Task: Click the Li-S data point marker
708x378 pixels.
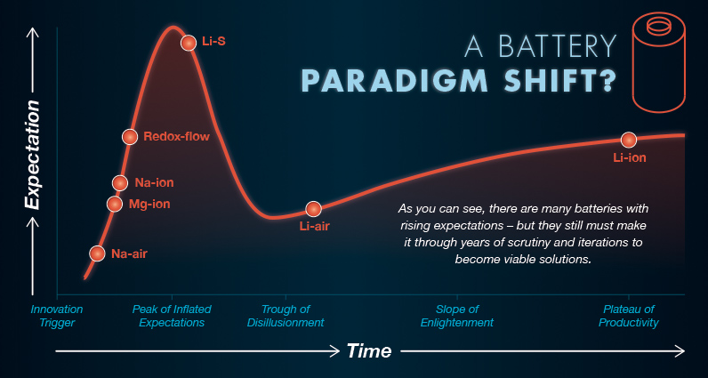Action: [189, 42]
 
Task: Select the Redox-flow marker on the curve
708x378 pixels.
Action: [130, 136]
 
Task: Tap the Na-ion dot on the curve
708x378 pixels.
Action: [120, 183]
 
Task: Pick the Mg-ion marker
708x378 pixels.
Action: [114, 204]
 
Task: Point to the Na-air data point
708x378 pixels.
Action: [97, 253]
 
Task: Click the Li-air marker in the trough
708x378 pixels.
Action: [313, 209]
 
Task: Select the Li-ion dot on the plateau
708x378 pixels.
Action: [629, 140]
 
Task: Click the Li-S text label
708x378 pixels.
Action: [213, 42]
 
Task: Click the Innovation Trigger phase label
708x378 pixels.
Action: [57, 316]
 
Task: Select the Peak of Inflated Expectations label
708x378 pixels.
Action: [168, 316]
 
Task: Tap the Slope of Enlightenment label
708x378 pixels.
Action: [456, 316]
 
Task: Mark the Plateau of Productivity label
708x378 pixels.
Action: [629, 316]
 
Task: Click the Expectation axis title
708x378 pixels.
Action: [32, 156]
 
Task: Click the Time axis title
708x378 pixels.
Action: [368, 350]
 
